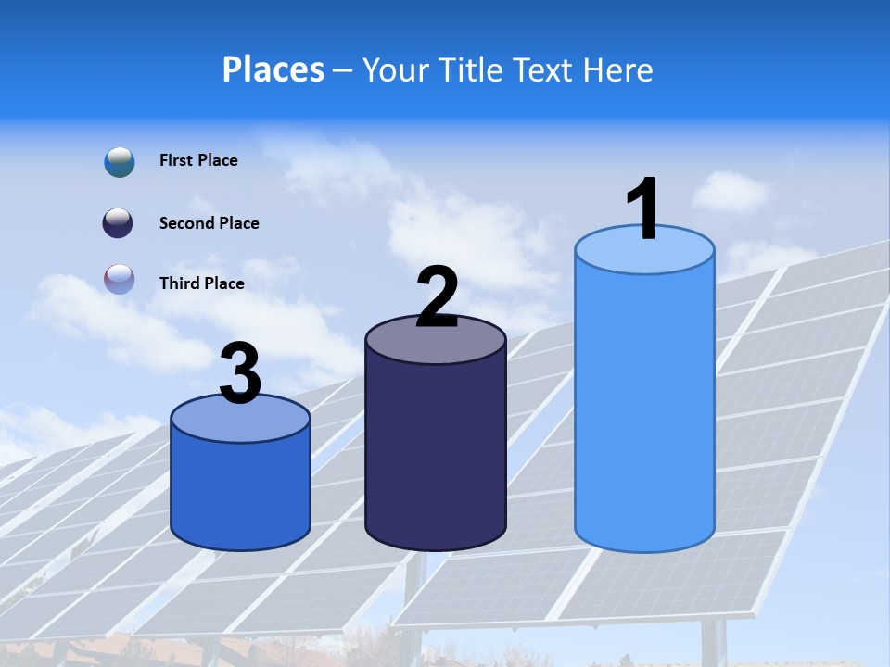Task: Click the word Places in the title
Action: (x=273, y=69)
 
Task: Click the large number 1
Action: (x=642, y=209)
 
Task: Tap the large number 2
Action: (x=437, y=297)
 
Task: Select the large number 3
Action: (x=241, y=373)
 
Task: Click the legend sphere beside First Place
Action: (x=120, y=161)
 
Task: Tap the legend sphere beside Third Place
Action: (x=120, y=279)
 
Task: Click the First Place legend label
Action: (x=198, y=160)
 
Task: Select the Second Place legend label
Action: (x=209, y=223)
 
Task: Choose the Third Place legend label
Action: (x=202, y=283)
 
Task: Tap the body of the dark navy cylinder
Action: (x=436, y=454)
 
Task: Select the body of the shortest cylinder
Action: (x=241, y=491)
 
